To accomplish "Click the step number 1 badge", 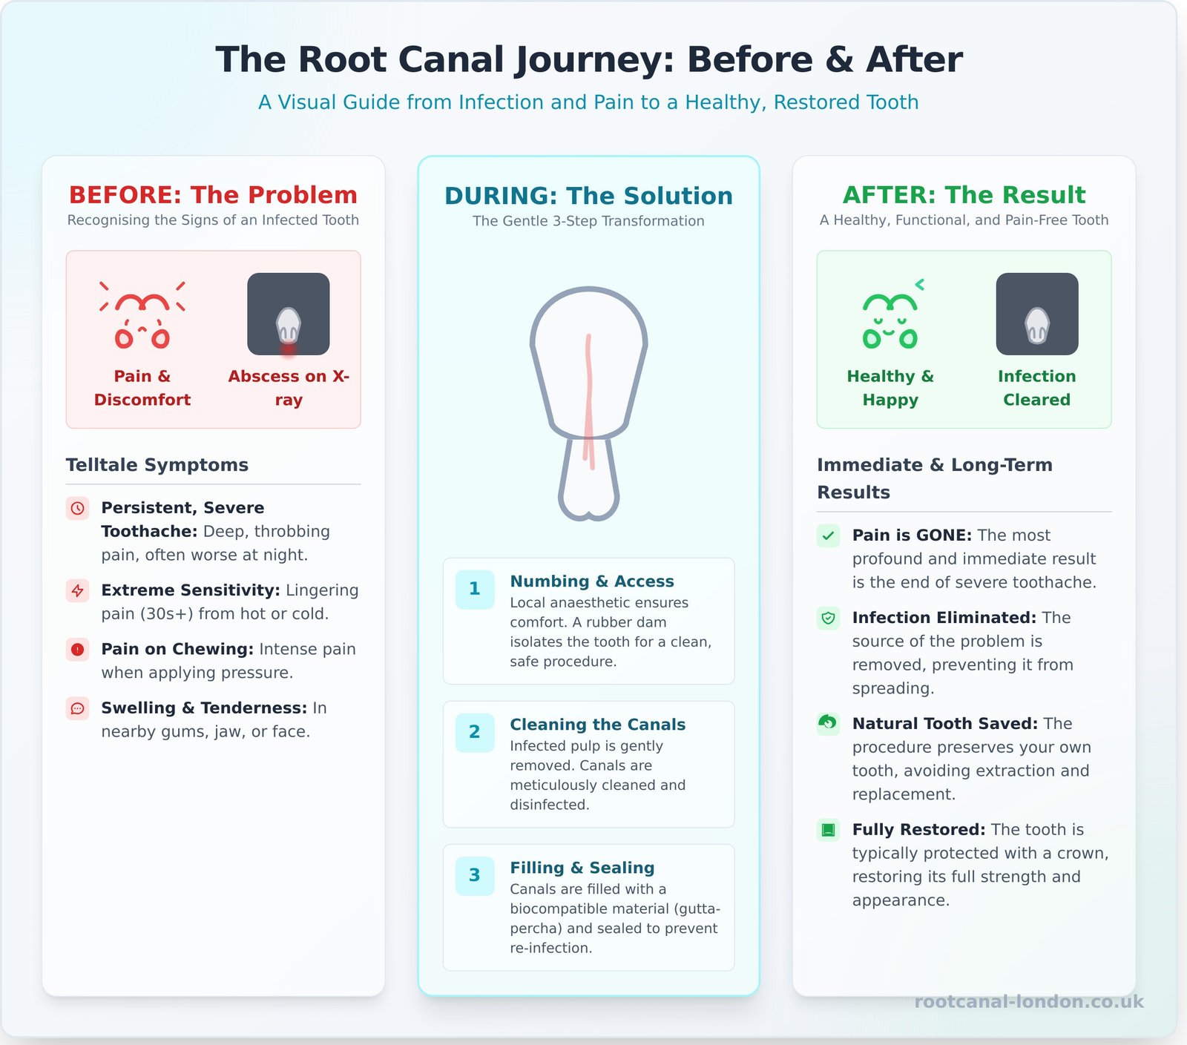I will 475,590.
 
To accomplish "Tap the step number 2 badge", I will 475,733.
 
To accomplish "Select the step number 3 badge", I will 475,876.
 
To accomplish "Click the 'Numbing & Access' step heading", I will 591,581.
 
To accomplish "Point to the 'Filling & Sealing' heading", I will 582,868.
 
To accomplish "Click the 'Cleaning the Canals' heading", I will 597,725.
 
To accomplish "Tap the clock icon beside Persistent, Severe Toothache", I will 78,509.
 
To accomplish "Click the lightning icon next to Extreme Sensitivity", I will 78,591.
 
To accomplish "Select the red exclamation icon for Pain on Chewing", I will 78,650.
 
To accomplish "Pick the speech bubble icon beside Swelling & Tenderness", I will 78,708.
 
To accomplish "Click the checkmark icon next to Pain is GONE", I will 828,535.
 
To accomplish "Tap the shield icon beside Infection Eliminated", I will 828,618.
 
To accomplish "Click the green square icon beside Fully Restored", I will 828,830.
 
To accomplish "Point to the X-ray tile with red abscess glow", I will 289,314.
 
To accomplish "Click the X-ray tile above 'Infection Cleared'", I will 1036,314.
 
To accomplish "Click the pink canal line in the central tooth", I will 589,400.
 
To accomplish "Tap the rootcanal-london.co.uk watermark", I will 1028,1002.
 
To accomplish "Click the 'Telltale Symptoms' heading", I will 157,465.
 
